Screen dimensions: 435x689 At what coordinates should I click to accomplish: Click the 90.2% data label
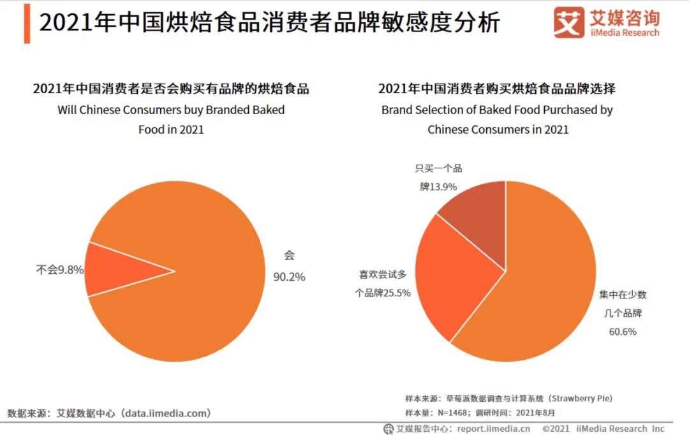(x=289, y=276)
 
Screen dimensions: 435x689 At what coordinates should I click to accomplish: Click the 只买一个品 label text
(x=438, y=168)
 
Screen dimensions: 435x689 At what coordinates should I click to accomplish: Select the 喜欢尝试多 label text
(x=383, y=275)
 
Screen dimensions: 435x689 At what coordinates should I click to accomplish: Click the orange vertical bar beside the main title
(x=27, y=24)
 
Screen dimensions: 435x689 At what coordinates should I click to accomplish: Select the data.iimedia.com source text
(x=165, y=413)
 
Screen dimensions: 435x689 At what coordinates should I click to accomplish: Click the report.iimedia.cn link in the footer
(x=494, y=429)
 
